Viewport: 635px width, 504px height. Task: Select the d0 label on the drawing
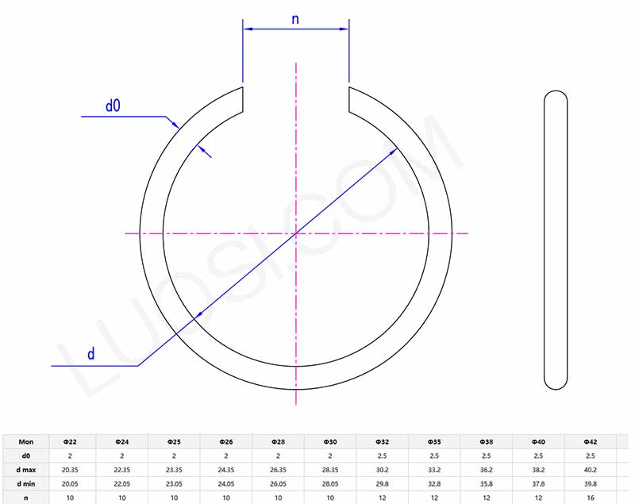point(113,106)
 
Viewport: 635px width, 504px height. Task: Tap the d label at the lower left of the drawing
point(90,354)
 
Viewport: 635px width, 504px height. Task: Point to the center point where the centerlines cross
point(296,233)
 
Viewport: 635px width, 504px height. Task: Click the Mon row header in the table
point(26,441)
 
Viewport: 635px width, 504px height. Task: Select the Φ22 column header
point(70,441)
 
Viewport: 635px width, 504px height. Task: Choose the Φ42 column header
point(590,441)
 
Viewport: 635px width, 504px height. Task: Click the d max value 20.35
point(70,469)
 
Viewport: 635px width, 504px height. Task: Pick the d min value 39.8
point(590,483)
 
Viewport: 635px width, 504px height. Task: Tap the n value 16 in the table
point(590,498)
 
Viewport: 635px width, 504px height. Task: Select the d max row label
point(26,469)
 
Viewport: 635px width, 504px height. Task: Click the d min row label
point(26,483)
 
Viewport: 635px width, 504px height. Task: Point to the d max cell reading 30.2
point(382,469)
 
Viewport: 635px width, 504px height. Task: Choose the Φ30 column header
point(330,441)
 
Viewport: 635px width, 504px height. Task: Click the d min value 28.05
point(330,483)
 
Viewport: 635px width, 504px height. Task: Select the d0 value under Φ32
point(382,455)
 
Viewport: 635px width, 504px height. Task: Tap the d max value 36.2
point(486,469)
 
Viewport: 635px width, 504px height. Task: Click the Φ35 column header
point(434,441)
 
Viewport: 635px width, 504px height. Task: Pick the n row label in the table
point(26,498)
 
